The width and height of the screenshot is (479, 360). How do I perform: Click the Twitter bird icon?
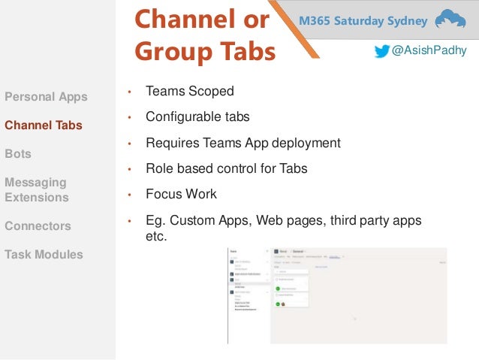click(383, 51)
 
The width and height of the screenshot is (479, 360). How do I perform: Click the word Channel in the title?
click(182, 20)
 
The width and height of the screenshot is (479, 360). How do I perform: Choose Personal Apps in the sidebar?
click(46, 97)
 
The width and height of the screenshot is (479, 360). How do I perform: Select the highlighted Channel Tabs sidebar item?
click(44, 126)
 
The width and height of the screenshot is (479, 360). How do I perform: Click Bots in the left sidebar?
click(18, 153)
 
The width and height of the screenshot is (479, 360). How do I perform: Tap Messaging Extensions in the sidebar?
click(37, 190)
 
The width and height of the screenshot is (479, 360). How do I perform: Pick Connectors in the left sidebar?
click(38, 226)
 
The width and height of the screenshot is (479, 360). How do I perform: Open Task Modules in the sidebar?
click(44, 255)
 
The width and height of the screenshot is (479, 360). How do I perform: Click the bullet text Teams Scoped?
click(190, 92)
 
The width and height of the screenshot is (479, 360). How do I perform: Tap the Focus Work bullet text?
click(181, 194)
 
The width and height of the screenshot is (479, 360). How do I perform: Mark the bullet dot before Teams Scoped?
click(129, 93)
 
